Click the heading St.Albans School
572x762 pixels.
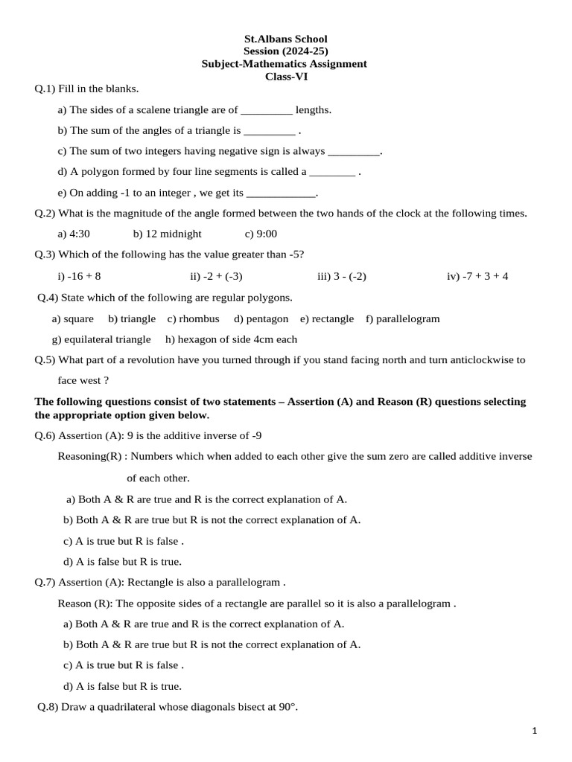pos(286,39)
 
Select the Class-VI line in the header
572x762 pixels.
pos(286,76)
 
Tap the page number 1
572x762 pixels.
pos(535,731)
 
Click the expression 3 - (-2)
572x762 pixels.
pos(342,277)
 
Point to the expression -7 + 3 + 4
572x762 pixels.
pos(477,277)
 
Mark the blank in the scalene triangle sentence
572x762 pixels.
pos(267,111)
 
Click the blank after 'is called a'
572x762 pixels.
pos(332,173)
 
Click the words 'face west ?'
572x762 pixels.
pos(83,380)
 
